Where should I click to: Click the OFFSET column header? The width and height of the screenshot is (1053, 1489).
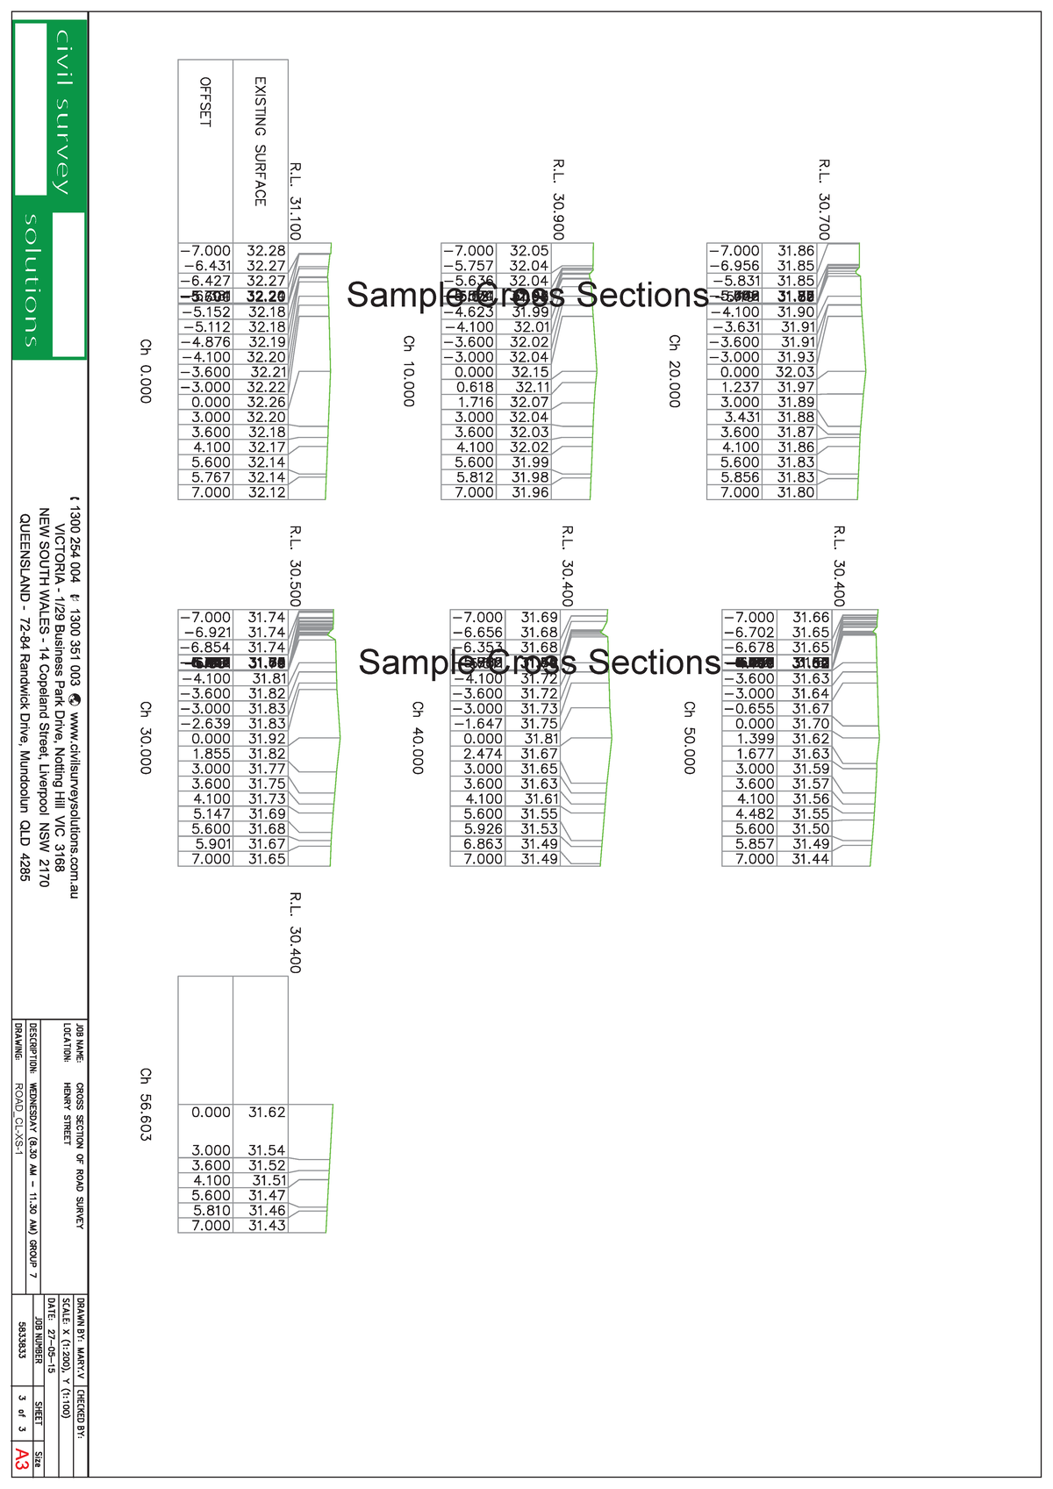point(205,102)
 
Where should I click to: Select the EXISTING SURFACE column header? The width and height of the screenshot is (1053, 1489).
point(260,141)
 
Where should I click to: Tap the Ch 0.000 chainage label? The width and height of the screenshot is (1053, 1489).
point(146,371)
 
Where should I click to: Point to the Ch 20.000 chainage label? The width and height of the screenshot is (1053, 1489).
point(674,370)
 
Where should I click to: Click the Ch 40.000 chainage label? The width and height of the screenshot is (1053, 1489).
point(418,737)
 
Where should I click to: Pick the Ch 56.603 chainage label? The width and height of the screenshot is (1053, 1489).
point(146,1104)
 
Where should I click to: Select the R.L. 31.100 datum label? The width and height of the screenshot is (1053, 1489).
point(296,200)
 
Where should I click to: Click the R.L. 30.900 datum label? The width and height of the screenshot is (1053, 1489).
point(559,199)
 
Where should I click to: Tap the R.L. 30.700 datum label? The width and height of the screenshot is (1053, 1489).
point(824,199)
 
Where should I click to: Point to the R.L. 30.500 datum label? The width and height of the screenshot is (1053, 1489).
point(296,566)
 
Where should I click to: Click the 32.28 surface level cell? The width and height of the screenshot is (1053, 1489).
point(266,251)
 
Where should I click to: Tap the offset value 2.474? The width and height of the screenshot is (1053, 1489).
point(483,754)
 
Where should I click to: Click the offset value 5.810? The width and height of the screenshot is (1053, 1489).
point(211,1210)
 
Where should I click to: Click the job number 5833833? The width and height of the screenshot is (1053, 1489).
point(22,1339)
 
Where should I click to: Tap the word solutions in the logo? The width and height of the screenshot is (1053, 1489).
point(32,280)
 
